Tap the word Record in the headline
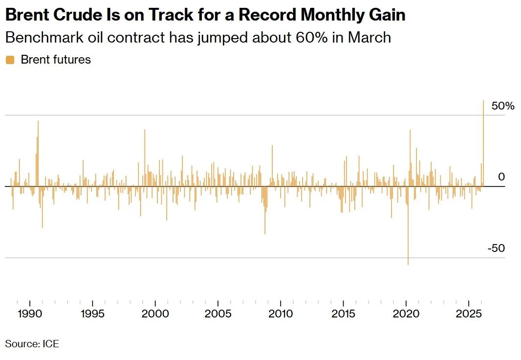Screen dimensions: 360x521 click(x=266, y=15)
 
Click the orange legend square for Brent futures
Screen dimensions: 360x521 click(x=10, y=60)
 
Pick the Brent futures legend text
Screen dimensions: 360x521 click(x=56, y=60)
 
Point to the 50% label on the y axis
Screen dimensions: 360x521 click(x=503, y=106)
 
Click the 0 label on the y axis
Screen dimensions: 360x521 click(x=501, y=177)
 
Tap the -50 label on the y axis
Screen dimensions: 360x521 click(x=496, y=248)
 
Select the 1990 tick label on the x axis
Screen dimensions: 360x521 click(x=30, y=314)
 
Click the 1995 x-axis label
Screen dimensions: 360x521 click(x=92, y=314)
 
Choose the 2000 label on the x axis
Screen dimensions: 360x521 click(x=155, y=314)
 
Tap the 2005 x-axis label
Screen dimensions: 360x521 click(x=217, y=314)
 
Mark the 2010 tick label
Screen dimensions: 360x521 click(x=281, y=314)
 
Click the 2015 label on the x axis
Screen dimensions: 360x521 click(x=343, y=314)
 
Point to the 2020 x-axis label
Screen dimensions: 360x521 click(x=406, y=314)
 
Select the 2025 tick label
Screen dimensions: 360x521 click(x=469, y=314)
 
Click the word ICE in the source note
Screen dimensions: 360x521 click(x=50, y=344)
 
